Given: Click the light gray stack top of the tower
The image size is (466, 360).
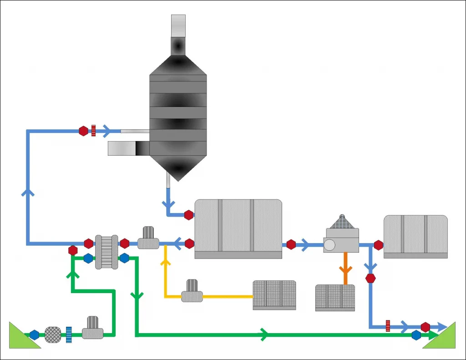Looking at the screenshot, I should pyautogui.click(x=178, y=25).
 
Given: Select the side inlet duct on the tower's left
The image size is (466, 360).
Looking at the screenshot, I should pyautogui.click(x=128, y=148).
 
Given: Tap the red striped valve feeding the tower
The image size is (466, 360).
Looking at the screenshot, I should pyautogui.click(x=93, y=131).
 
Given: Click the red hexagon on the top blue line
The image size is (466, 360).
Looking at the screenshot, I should pyautogui.click(x=83, y=131).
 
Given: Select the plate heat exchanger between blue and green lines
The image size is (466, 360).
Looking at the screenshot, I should pyautogui.click(x=106, y=252).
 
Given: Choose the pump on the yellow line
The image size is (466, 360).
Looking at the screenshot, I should pyautogui.click(x=192, y=292).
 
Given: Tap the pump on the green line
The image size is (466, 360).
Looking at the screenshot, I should pyautogui.click(x=93, y=328).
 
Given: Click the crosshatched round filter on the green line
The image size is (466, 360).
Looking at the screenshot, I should pyautogui.click(x=53, y=335).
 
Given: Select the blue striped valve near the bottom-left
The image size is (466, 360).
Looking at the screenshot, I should pyautogui.click(x=69, y=335).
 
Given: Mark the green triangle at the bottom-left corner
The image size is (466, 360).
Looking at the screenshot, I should pyautogui.click(x=20, y=337).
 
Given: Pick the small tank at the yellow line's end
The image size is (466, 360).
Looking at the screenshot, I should pyautogui.click(x=274, y=295).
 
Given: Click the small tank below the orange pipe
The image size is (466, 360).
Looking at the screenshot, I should pyautogui.click(x=335, y=298).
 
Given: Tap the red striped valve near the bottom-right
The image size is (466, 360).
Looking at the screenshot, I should pyautogui.click(x=388, y=326).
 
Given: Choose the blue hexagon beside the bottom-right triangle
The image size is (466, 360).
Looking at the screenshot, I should pyautogui.click(x=416, y=335).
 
